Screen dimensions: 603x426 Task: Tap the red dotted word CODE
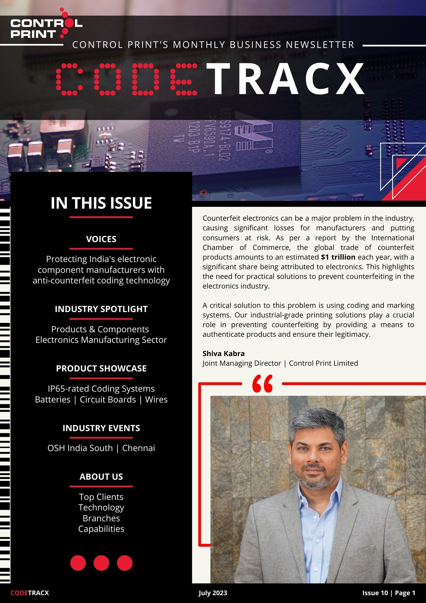pyautogui.click(x=127, y=79)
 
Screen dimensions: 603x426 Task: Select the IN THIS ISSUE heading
pyautogui.click(x=101, y=203)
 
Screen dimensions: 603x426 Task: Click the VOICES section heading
pyautogui.click(x=101, y=239)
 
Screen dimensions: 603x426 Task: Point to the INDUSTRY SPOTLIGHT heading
pyautogui.click(x=101, y=309)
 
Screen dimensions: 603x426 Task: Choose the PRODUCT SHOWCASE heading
pyautogui.click(x=101, y=368)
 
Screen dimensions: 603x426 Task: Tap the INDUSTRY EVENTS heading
pyautogui.click(x=101, y=428)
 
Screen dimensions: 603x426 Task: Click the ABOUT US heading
pyautogui.click(x=101, y=477)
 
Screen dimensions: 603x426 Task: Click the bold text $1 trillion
pyautogui.click(x=338, y=257)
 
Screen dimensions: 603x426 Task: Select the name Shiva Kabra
pyautogui.click(x=224, y=353)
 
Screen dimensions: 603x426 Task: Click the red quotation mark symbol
pyautogui.click(x=262, y=384)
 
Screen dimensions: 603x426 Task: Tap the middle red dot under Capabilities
pyautogui.click(x=101, y=563)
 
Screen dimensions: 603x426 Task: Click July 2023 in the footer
pyautogui.click(x=213, y=593)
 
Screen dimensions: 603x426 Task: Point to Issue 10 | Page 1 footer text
pyautogui.click(x=389, y=593)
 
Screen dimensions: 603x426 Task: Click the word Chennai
pyautogui.click(x=139, y=448)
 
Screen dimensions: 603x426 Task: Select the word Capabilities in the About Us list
pyautogui.click(x=101, y=529)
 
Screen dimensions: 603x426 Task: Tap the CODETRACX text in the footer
pyautogui.click(x=30, y=593)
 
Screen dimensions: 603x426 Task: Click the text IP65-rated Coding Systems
pyautogui.click(x=101, y=389)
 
